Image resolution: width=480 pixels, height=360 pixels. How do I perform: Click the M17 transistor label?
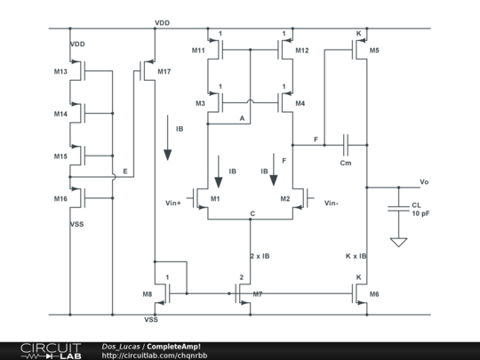[164, 72]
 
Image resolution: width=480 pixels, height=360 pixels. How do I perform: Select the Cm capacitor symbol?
[346, 145]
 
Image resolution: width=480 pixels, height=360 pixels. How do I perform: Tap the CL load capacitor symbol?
[398, 209]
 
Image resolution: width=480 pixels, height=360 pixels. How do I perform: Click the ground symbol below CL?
[398, 242]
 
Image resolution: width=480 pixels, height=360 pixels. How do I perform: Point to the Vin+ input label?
[173, 203]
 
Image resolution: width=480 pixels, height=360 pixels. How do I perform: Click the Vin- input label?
[332, 203]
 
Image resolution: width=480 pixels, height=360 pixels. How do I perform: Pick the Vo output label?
[424, 182]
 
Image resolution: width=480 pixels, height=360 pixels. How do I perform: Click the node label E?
[125, 172]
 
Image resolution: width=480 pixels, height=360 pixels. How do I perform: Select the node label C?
[252, 213]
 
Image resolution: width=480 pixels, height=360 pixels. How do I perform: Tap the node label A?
[242, 118]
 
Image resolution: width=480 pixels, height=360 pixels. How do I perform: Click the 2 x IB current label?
[260, 256]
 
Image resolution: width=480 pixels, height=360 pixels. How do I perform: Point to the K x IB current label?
[356, 256]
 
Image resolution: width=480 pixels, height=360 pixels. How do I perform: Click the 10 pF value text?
[420, 213]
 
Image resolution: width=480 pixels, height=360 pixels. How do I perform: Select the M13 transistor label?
[60, 72]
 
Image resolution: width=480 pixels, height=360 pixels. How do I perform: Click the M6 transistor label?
[374, 294]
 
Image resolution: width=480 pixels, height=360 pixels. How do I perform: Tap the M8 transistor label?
[148, 294]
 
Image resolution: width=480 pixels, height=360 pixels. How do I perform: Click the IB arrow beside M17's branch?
[167, 138]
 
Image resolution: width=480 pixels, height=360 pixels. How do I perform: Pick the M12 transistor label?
[302, 51]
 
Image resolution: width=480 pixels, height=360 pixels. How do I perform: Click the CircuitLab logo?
[51, 351]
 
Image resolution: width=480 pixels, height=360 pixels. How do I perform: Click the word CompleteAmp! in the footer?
[173, 347]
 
